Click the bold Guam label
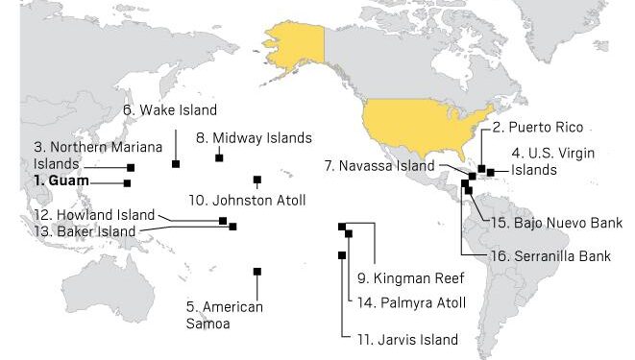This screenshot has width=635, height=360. click(x=61, y=180)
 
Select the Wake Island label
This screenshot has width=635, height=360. click(x=170, y=109)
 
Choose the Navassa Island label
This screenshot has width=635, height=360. click(x=379, y=165)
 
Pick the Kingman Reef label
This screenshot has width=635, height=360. click(x=410, y=279)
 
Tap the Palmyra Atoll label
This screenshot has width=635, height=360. click(x=410, y=302)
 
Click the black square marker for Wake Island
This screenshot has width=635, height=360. click(x=176, y=164)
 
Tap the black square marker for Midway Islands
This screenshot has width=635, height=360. click(x=219, y=157)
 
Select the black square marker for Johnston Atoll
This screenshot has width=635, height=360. click(x=257, y=180)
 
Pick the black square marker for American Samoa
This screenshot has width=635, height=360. click(x=256, y=272)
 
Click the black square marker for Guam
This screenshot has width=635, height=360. click(x=127, y=182)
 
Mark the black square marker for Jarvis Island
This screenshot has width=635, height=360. click(x=342, y=254)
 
